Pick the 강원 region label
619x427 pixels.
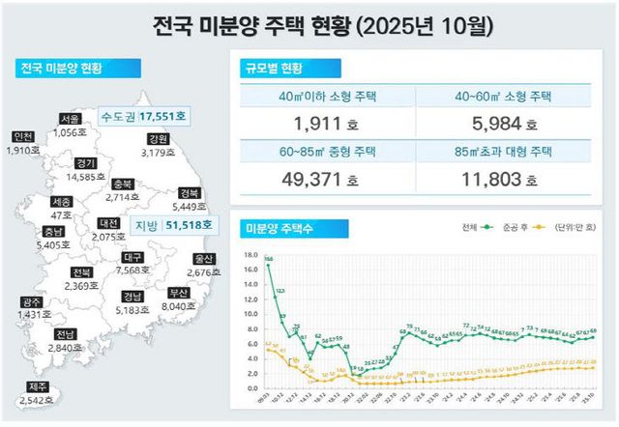point(158,139)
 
